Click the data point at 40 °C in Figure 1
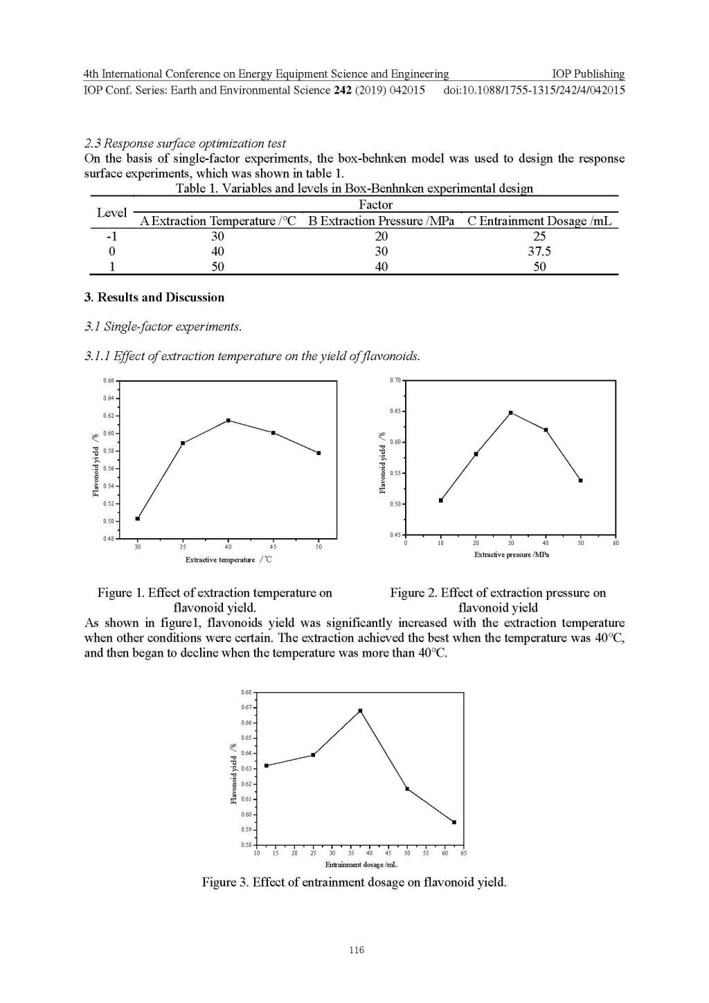228,420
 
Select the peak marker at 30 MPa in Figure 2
511,413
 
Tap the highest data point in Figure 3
360,711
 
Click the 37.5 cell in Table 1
539,251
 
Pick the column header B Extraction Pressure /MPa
382,221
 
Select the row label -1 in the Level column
111,236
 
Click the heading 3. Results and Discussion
154,297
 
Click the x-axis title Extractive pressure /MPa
511,555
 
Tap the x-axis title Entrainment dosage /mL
361,864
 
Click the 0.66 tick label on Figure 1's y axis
108,381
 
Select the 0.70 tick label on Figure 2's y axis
395,380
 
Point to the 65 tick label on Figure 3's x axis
463,853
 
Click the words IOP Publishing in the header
588,74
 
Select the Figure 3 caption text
354,882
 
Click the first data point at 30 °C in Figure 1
138,518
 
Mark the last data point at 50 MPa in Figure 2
581,480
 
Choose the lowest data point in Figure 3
454,822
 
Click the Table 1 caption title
354,188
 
